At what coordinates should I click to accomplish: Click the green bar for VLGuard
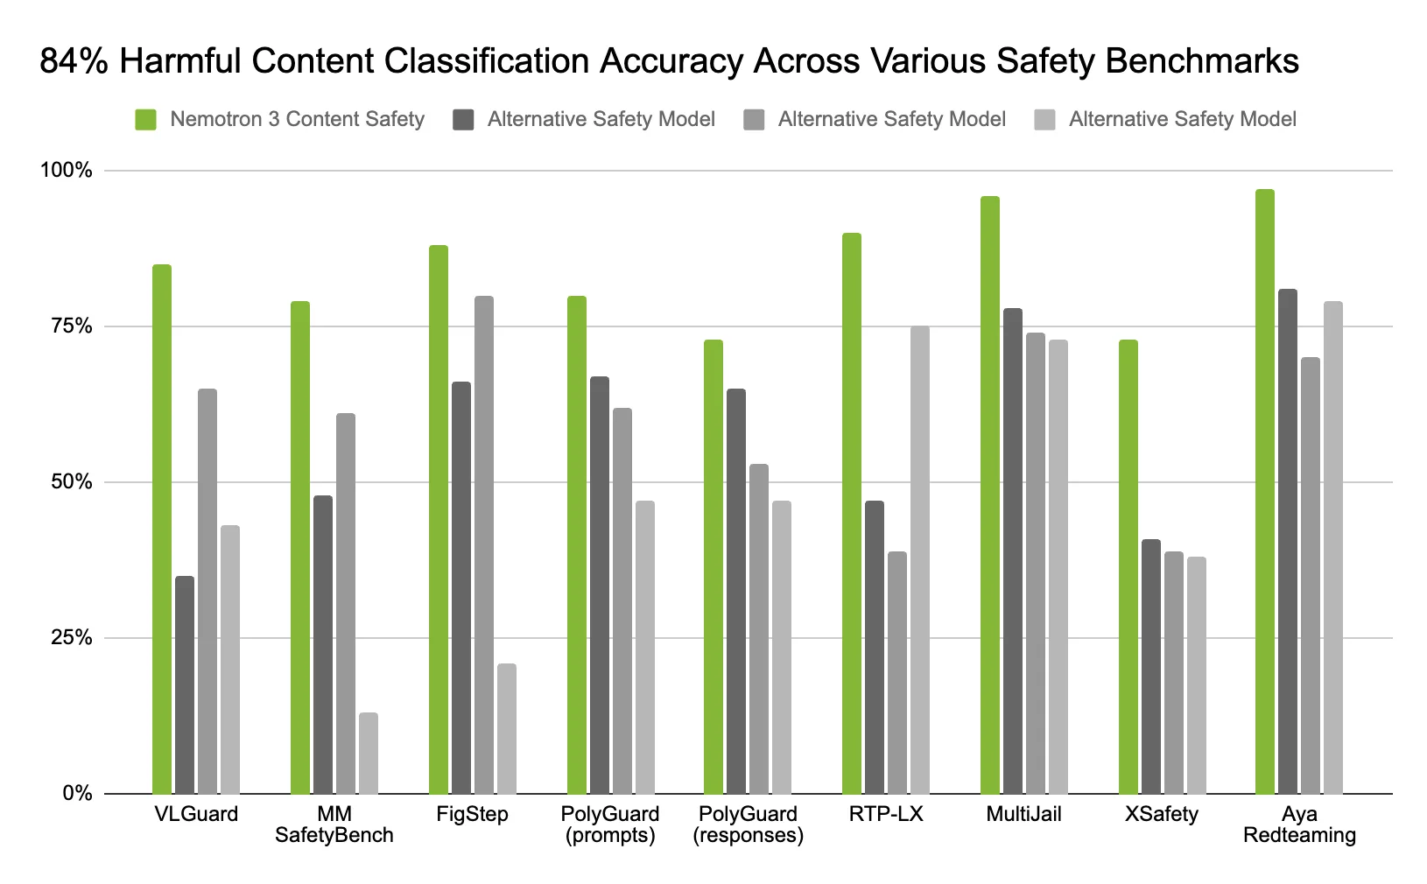pos(162,529)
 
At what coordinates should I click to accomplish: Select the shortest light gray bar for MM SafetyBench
pos(369,754)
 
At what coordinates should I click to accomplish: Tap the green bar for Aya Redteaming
pos(1265,491)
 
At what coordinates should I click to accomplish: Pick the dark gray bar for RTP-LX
pos(875,647)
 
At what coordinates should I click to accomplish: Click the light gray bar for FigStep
pos(507,728)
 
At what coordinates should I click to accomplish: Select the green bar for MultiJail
pos(990,495)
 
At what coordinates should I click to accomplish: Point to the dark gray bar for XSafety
pos(1151,666)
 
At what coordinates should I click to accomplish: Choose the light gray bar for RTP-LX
pos(920,560)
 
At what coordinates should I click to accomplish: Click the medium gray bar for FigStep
pos(484,544)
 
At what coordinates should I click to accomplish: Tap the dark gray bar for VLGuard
pos(185,684)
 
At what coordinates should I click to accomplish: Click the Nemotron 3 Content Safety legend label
pos(297,119)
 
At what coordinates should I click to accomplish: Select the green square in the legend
pos(145,120)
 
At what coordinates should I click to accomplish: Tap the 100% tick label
pos(67,171)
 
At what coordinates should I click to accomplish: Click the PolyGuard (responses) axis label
pos(749,824)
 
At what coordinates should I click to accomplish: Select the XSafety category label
pos(1162,815)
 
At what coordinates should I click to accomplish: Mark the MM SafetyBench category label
pos(334,824)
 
